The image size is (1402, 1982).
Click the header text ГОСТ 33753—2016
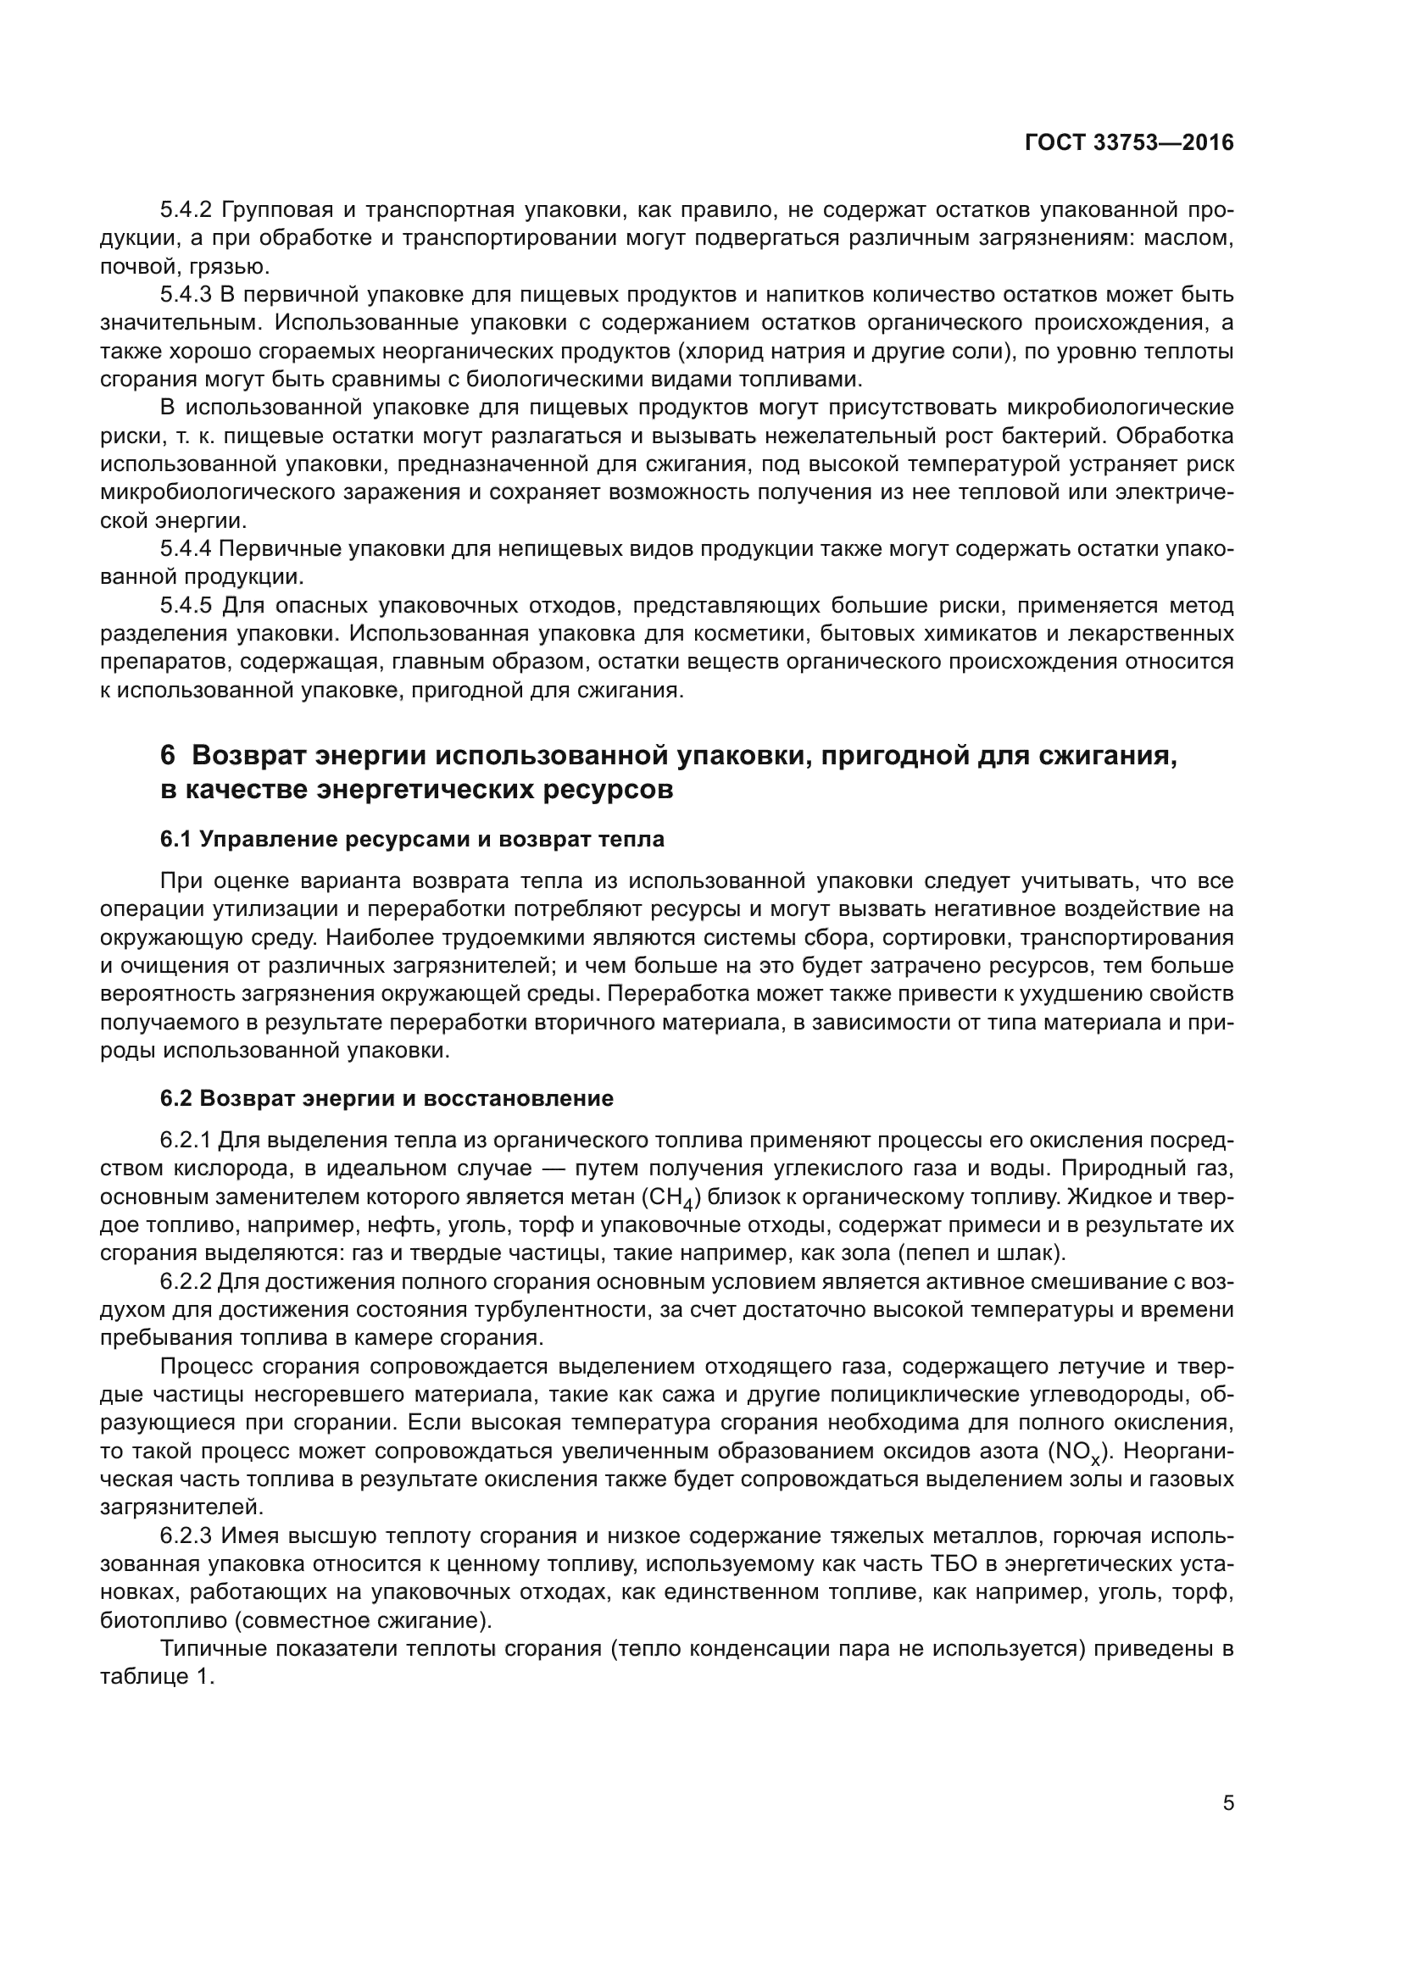click(1128, 143)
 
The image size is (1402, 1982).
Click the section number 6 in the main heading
click(169, 755)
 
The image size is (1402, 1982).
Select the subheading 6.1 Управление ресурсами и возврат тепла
click(412, 839)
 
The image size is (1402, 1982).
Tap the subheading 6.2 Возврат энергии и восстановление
click(386, 1098)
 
